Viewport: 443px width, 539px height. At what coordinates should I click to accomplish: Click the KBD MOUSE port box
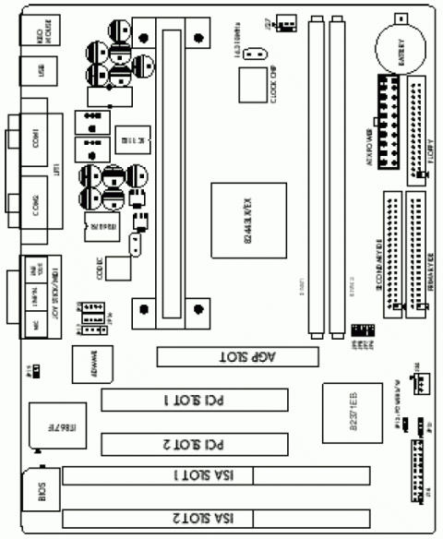click(38, 32)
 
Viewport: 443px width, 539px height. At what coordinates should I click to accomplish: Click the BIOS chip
click(42, 495)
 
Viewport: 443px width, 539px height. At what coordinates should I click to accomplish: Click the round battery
click(399, 43)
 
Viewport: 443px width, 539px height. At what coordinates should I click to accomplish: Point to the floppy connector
click(418, 129)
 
